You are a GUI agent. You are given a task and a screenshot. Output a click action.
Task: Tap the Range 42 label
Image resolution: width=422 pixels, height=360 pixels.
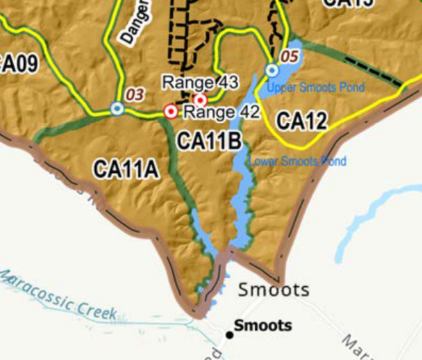pos(221,112)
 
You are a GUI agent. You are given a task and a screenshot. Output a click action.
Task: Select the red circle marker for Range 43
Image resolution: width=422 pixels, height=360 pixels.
pos(201,99)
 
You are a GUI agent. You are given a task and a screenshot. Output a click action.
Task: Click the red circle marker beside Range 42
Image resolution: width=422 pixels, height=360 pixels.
pos(171,111)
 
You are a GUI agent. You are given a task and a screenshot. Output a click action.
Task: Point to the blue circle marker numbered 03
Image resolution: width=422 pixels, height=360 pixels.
pos(117,109)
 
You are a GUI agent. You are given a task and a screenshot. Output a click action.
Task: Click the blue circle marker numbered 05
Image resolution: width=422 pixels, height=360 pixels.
pos(272,70)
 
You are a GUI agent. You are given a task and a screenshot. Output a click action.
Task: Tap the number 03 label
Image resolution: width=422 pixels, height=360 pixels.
pos(135,94)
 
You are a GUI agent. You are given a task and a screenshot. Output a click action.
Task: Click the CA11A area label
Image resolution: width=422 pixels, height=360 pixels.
pos(125,169)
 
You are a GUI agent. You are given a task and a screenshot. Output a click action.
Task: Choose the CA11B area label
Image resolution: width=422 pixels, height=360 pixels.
pos(209,141)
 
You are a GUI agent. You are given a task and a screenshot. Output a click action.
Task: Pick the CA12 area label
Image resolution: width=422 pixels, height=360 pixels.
pos(302,121)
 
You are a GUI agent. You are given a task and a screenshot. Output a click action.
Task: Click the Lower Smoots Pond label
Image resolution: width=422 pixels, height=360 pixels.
pos(297,161)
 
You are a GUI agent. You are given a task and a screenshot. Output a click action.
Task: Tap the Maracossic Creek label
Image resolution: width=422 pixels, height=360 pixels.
pos(58,295)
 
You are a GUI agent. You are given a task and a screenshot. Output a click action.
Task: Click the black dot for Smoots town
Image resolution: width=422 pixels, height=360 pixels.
pos(230,334)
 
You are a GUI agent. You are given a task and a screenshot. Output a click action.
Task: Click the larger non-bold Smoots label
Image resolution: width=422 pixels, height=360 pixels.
pos(274,290)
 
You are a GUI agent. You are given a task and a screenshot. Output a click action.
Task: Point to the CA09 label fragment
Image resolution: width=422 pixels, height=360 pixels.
pos(17,63)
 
